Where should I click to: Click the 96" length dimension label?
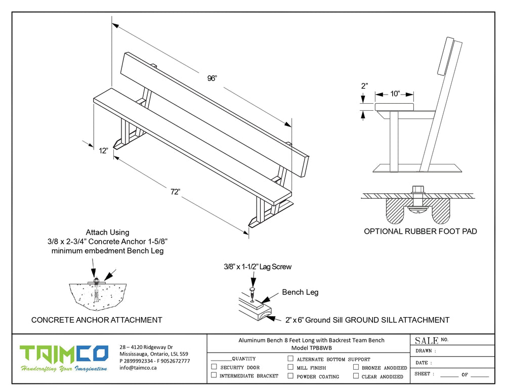coord(212,78)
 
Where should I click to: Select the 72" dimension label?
coord(175,191)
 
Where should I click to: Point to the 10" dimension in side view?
coord(395,94)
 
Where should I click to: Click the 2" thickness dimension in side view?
coord(364,86)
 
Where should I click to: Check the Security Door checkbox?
coord(214,367)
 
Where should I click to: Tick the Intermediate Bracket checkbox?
coord(214,375)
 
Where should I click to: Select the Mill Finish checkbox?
coord(290,367)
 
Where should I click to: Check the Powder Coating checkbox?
coord(290,376)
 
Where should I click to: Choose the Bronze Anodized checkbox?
coord(356,367)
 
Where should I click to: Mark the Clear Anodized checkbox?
coord(356,376)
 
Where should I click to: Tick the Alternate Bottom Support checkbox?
coord(290,359)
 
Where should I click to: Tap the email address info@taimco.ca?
coord(138,368)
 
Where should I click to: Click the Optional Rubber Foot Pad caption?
coord(420,232)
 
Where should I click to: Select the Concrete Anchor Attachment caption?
coord(97,320)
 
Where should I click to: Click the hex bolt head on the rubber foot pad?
coord(418,190)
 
